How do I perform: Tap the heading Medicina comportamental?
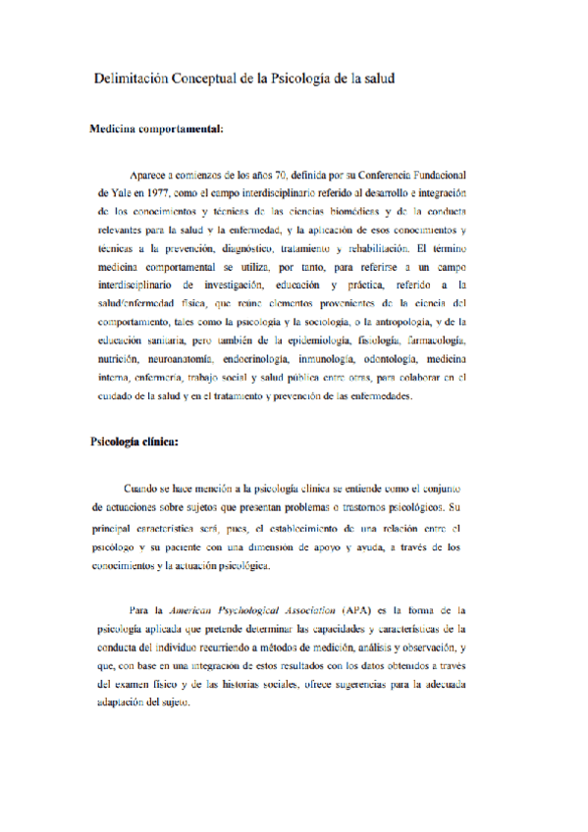(156, 129)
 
